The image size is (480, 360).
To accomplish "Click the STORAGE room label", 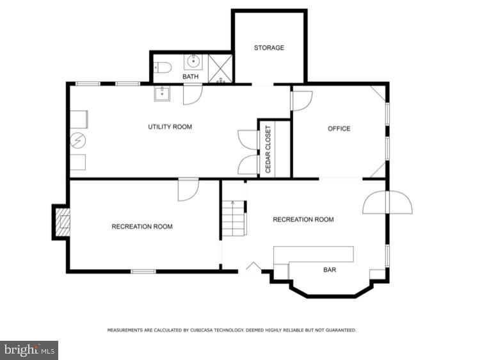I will (269, 48).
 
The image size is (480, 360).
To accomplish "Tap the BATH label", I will (190, 77).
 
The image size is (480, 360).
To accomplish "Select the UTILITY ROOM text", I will (170, 127).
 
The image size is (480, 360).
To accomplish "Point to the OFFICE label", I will (339, 129).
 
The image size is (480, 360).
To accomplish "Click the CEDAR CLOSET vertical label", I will (268, 149).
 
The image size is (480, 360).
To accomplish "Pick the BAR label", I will (329, 270).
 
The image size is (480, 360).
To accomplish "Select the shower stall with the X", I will (221, 67).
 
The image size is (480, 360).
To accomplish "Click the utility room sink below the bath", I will (162, 94).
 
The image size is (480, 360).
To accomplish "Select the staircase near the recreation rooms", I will (235, 218).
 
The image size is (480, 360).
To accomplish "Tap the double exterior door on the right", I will (387, 202).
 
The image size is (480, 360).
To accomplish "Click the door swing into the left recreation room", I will (188, 190).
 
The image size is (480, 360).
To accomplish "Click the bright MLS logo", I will (29, 350).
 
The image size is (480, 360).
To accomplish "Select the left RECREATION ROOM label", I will (142, 226).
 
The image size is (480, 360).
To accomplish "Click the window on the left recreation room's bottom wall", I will (143, 272).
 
